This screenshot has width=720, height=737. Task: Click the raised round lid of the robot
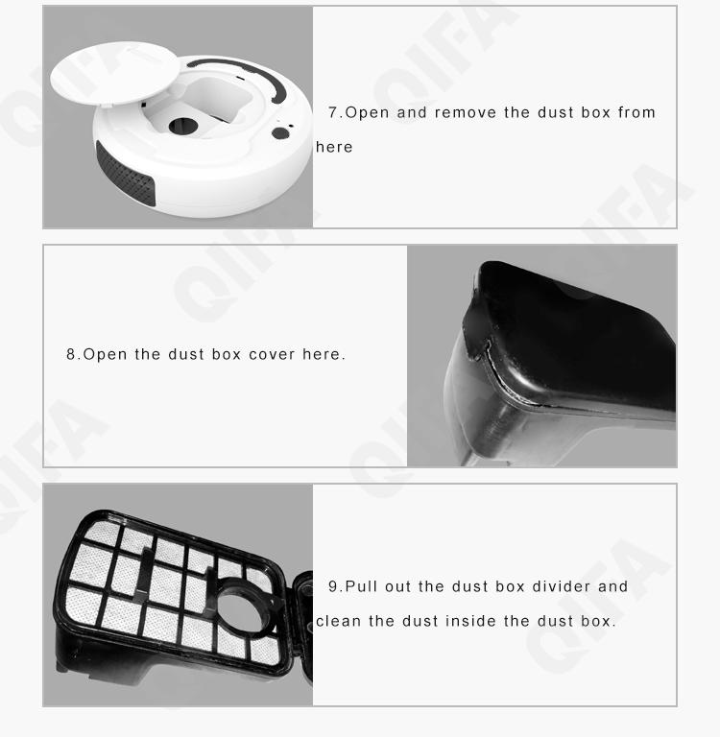tap(115, 72)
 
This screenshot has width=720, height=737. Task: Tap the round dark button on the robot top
tap(280, 133)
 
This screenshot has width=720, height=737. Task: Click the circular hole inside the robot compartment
tap(183, 126)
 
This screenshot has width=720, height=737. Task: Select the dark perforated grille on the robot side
tap(125, 175)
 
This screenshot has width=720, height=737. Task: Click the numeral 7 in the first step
tap(333, 112)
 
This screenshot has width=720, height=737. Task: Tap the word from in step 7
tap(636, 113)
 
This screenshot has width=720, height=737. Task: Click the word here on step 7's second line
tap(334, 147)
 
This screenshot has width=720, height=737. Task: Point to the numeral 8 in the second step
tap(70, 354)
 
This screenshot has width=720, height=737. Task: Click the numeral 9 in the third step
tap(333, 586)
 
